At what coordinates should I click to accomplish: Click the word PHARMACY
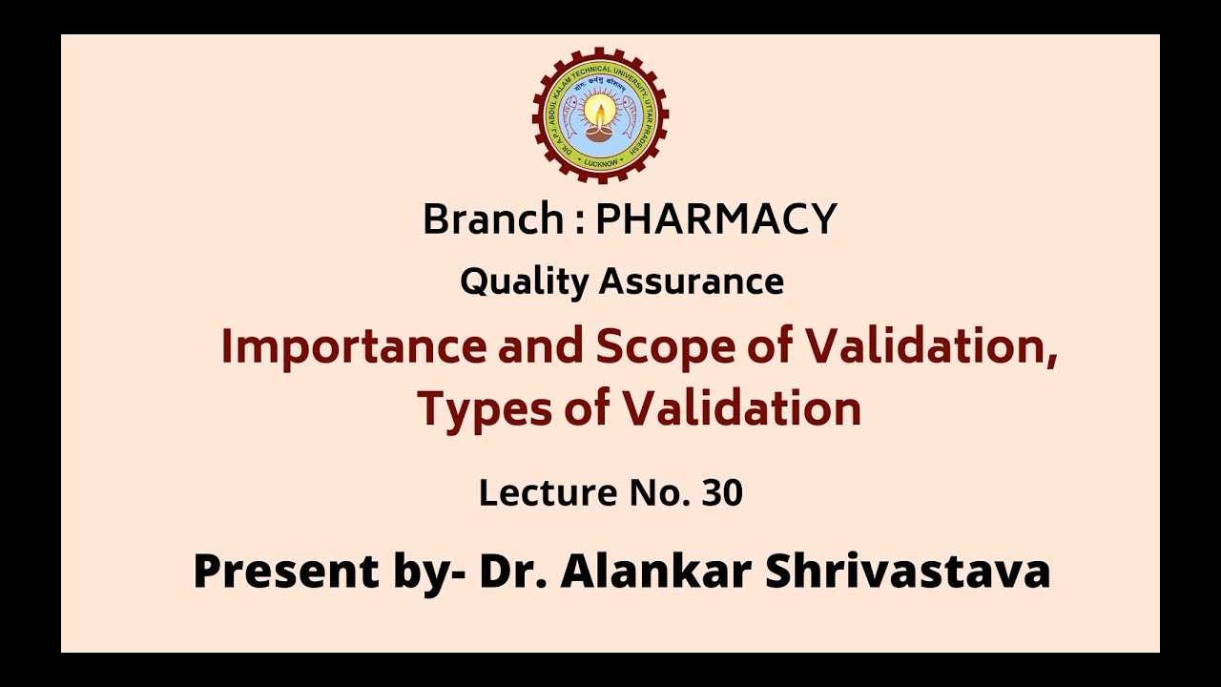point(715,219)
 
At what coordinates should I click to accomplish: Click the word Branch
point(493,219)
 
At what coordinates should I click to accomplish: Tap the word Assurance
point(692,281)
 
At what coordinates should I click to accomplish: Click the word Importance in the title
point(353,348)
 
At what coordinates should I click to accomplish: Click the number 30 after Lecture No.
point(722,493)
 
